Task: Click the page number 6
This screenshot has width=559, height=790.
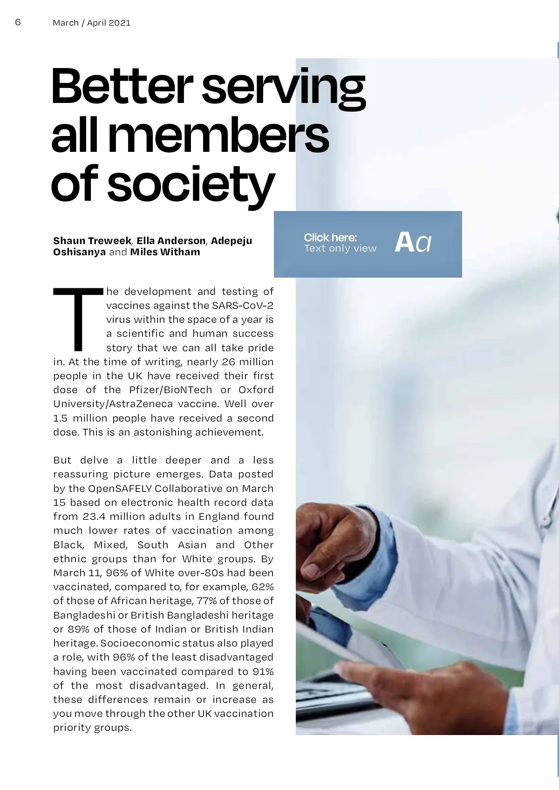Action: click(x=18, y=22)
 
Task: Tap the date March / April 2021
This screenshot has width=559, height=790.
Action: click(x=92, y=23)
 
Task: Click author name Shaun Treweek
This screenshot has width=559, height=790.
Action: click(x=92, y=241)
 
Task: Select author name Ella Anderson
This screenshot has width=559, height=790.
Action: click(x=171, y=241)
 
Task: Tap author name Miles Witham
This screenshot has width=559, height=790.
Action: click(x=165, y=252)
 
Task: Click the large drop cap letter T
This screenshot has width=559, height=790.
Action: click(x=78, y=319)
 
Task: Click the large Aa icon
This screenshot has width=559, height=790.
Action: click(x=413, y=243)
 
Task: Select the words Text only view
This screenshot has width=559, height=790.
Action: click(x=340, y=249)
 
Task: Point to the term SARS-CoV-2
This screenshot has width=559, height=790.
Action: click(x=243, y=306)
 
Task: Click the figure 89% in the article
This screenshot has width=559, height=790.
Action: click(x=78, y=629)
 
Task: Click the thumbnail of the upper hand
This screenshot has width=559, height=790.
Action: click(x=312, y=570)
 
